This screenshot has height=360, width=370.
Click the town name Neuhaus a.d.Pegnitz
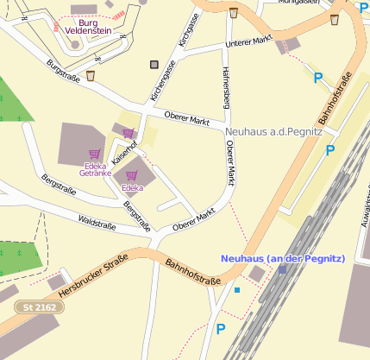[273, 132]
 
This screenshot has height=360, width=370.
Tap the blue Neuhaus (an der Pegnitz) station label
[282, 258]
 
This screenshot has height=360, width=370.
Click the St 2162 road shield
[39, 307]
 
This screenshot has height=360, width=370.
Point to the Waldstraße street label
[96, 224]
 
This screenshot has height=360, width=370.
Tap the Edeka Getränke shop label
[95, 169]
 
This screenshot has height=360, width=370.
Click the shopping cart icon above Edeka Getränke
[95, 155]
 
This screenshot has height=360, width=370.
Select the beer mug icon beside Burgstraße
[91, 76]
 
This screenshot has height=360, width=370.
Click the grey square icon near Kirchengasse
[154, 65]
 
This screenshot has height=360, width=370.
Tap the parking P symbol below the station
[221, 328]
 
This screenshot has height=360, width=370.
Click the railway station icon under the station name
[282, 269]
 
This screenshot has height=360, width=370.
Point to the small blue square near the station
[237, 290]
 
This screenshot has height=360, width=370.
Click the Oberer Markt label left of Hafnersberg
[187, 118]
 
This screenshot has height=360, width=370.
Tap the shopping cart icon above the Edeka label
[132, 175]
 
